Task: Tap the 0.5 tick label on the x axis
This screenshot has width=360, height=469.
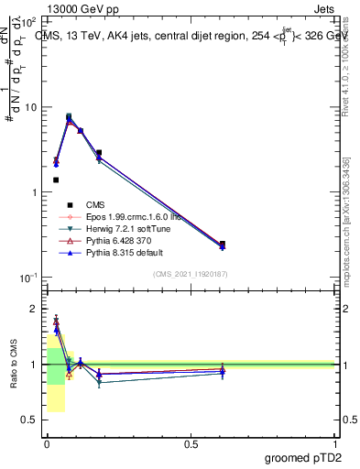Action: [x=191, y=443]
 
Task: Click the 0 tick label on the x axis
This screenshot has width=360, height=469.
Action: [x=47, y=443]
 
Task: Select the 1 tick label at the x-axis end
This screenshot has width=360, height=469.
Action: [x=335, y=443]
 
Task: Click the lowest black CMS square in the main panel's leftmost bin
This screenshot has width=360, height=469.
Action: [x=56, y=180]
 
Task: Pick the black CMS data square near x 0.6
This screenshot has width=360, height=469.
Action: [x=223, y=245]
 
